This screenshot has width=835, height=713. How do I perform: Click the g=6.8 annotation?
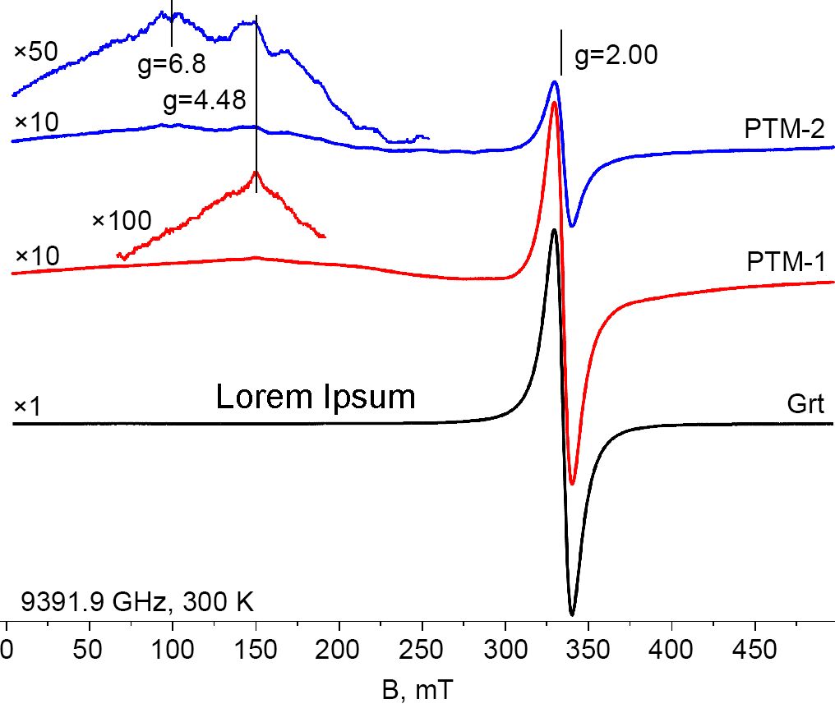point(171,64)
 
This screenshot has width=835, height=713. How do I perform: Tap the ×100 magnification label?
point(122,220)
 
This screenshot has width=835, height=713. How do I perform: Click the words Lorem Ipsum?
point(315,398)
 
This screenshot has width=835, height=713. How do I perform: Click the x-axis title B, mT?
point(417,689)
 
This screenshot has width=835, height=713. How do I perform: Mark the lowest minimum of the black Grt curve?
point(572,614)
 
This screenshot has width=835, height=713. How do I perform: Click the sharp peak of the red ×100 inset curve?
point(256,172)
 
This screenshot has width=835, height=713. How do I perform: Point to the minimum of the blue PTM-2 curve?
point(573,226)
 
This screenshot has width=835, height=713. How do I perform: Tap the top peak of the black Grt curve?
point(555,230)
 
